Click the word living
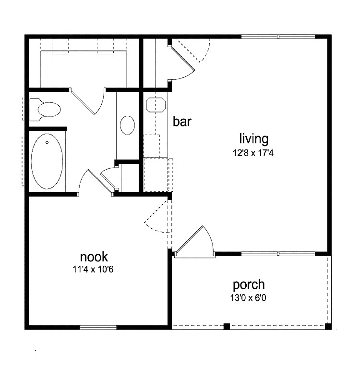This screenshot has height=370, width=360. pos(254,139)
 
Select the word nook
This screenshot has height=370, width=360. pos(94,257)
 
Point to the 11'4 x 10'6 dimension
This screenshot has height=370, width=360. pos(94,270)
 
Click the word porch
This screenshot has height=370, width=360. pos(249,285)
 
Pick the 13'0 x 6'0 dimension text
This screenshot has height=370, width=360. pos(249,298)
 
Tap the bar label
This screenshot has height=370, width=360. pos(182,122)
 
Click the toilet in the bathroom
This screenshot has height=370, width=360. pos(46,109)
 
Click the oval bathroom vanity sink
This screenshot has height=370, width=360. pos(127,125)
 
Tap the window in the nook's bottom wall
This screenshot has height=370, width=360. pos(98,328)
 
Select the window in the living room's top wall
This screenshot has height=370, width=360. pos(278,36)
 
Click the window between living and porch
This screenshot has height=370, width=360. pos(278,253)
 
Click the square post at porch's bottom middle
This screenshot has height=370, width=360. pos(227,327)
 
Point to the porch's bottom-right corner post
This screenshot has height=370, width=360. pos(328,327)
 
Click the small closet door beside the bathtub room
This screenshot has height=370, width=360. pos(109,180)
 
